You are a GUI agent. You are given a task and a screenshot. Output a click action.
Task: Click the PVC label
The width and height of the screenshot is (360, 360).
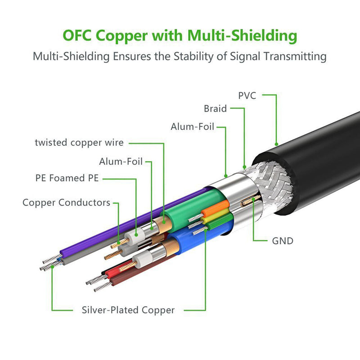(x=247, y=95)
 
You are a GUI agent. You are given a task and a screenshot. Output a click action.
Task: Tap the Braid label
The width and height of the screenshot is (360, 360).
(x=215, y=109)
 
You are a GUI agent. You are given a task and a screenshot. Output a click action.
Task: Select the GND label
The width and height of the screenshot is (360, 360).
(x=283, y=241)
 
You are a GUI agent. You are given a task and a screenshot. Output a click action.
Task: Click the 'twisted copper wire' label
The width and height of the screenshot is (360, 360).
(x=79, y=143)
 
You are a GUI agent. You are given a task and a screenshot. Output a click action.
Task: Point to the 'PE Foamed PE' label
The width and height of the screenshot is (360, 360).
(x=67, y=178)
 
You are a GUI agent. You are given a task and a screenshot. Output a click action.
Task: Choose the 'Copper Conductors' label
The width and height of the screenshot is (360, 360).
(x=66, y=202)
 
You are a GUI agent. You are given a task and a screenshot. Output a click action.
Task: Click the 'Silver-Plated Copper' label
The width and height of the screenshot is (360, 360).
(x=128, y=310)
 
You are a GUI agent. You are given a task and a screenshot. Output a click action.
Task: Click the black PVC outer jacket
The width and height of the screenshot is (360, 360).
(x=324, y=157)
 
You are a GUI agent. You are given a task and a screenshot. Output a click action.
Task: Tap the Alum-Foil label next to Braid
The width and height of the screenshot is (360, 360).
(x=192, y=127)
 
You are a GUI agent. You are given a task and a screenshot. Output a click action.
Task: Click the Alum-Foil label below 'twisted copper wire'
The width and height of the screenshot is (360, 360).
(x=121, y=161)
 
